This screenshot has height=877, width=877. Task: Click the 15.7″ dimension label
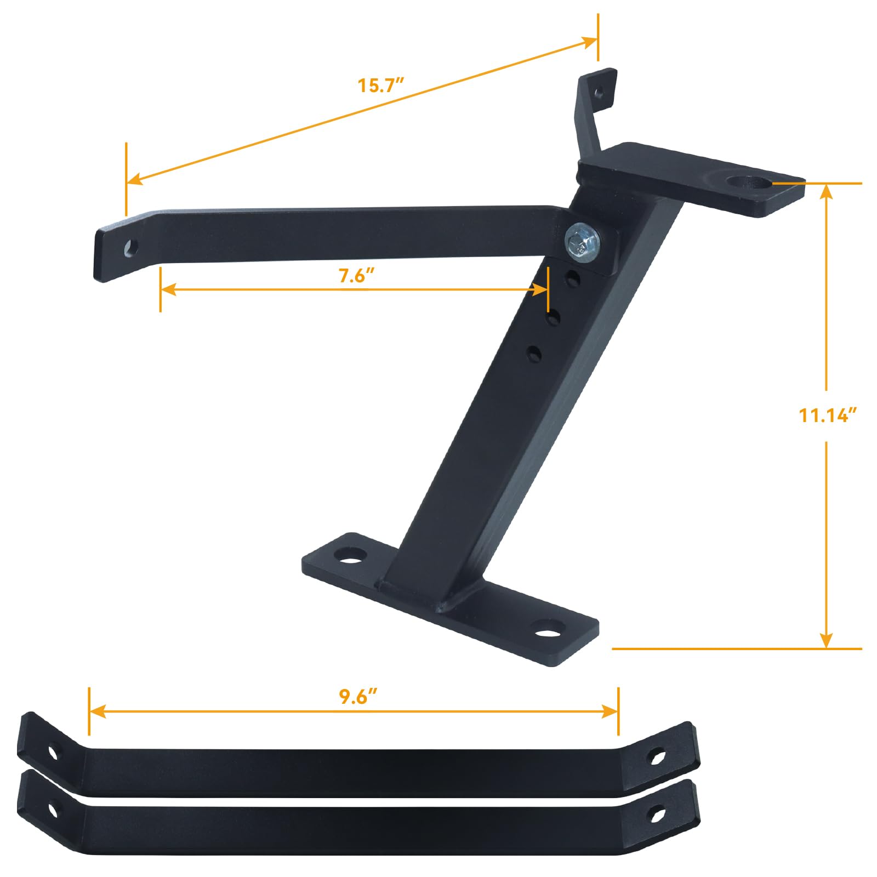(x=381, y=86)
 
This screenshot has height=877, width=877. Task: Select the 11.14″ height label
(x=827, y=415)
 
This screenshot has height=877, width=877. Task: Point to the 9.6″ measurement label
(x=358, y=697)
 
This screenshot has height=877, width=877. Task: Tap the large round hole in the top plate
(x=749, y=184)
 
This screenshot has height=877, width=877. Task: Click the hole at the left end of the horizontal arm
(x=131, y=248)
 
